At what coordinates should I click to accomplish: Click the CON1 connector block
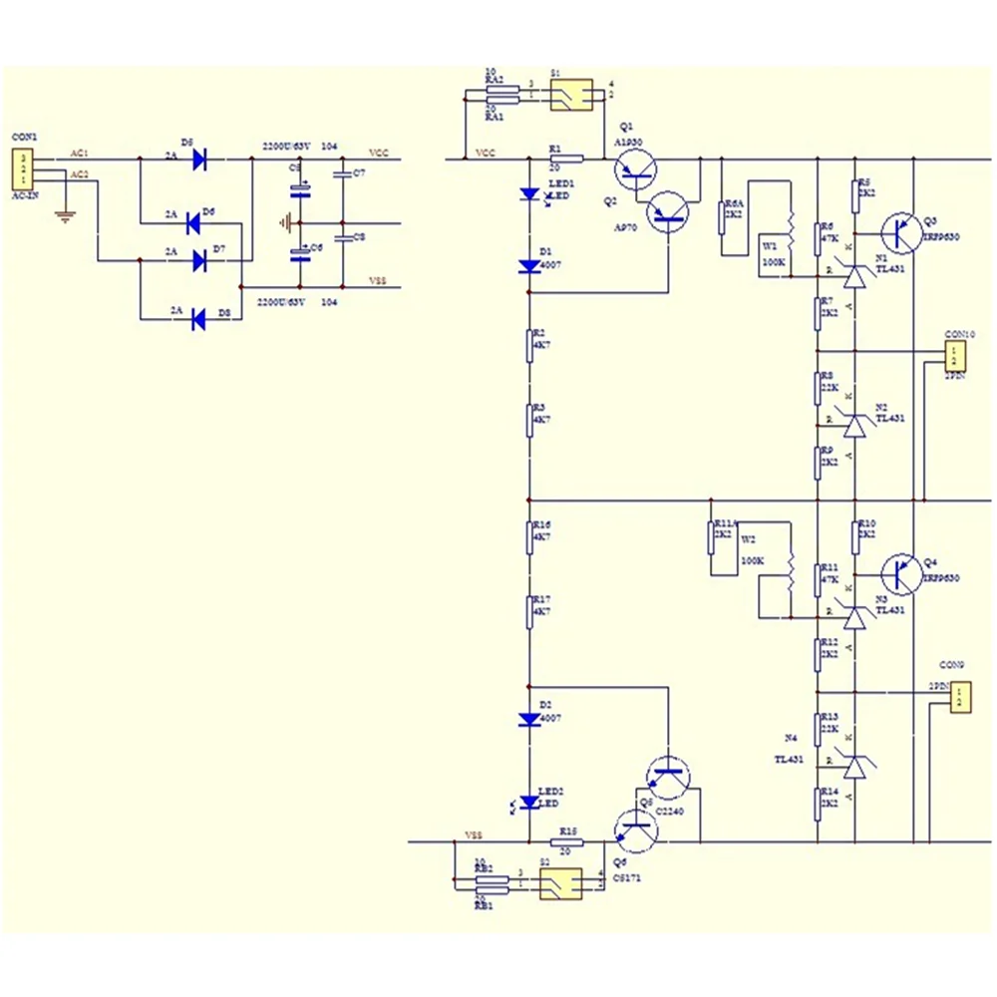click(21, 169)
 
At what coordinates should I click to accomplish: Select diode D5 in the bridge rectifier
click(199, 158)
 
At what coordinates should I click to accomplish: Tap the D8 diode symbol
click(197, 319)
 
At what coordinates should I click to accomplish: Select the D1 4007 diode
click(528, 266)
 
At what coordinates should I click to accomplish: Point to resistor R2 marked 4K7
click(528, 345)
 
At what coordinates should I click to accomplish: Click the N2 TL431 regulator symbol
click(854, 425)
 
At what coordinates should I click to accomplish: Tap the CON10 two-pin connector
click(955, 354)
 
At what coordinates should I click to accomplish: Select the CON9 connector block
click(958, 696)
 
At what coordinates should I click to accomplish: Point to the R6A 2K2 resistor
click(722, 216)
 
